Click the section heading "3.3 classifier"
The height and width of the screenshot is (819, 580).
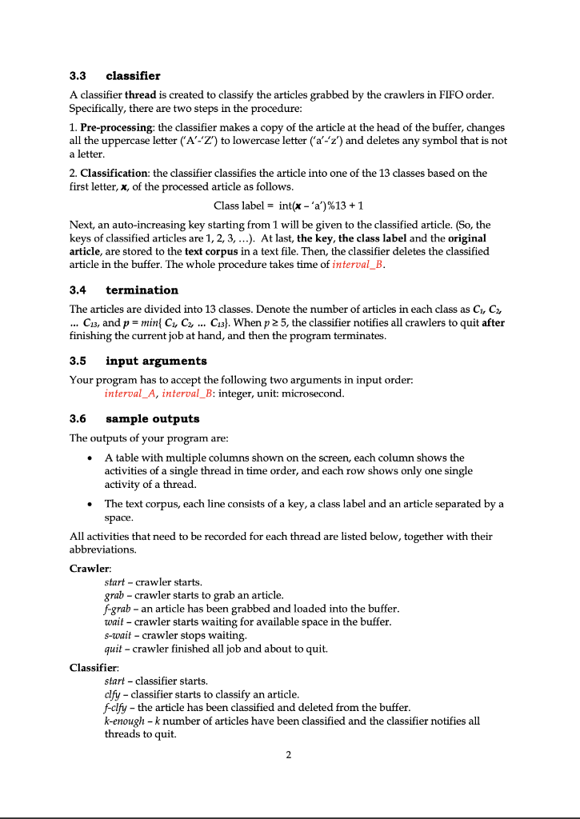click(114, 76)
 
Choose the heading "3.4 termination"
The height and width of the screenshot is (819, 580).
click(123, 290)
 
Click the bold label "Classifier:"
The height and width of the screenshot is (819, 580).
click(94, 666)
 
